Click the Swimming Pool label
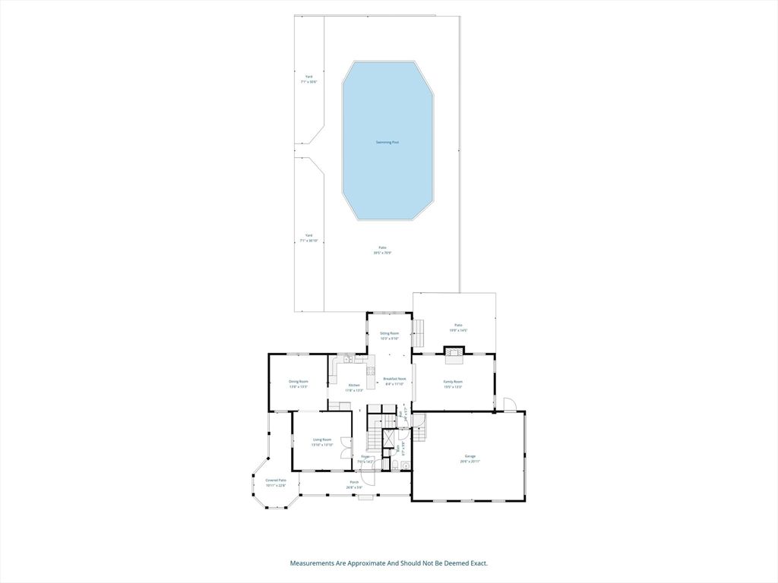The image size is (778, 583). [387, 142]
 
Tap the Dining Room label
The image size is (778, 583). [298, 381]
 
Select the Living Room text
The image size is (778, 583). [323, 440]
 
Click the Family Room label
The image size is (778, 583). [453, 381]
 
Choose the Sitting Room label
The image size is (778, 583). [389, 333]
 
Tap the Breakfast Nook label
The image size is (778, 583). [394, 379]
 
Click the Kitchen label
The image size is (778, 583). [354, 385]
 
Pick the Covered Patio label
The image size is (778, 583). [276, 481]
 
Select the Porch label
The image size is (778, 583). [354, 482]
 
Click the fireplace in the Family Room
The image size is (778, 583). [454, 351]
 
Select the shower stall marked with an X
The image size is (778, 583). [388, 440]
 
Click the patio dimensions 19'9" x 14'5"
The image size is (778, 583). [457, 330]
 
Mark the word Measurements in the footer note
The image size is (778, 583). [312, 563]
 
